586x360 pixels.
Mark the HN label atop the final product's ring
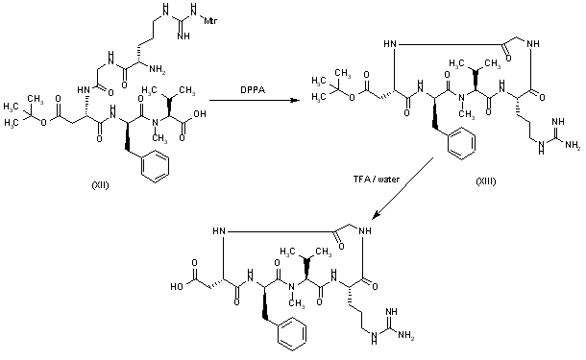(x=224, y=231)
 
